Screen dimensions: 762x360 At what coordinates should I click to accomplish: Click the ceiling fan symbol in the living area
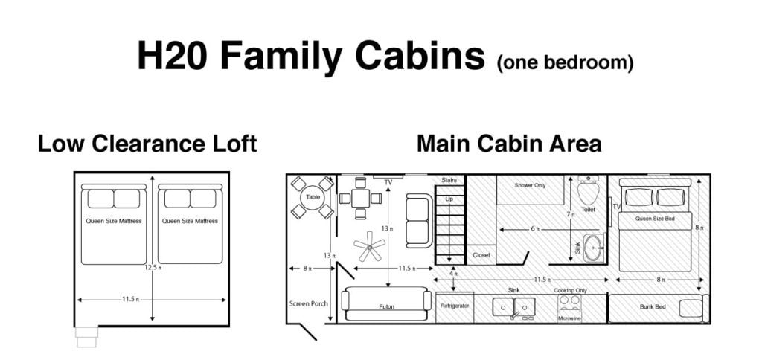click(369, 246)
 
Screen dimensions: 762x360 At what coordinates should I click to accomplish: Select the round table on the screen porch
click(313, 197)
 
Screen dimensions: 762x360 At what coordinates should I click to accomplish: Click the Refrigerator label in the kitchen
click(455, 306)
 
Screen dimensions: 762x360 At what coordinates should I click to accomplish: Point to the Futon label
click(386, 306)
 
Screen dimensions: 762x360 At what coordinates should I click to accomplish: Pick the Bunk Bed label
click(653, 306)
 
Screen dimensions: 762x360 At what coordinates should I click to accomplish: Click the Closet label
click(481, 255)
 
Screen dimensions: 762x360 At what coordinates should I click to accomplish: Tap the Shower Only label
click(530, 185)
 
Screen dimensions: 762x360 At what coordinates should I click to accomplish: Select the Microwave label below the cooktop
click(569, 318)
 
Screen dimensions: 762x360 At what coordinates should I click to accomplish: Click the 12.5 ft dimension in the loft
click(152, 267)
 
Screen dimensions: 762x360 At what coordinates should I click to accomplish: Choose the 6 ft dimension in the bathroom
click(534, 229)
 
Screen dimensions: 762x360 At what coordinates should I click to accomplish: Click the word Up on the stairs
click(449, 199)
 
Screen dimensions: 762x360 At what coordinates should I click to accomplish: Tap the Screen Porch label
click(309, 303)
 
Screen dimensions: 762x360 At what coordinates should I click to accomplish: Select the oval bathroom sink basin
click(593, 247)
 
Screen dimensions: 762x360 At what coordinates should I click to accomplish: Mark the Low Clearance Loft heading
click(147, 144)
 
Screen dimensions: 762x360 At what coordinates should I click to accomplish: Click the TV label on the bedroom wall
click(617, 207)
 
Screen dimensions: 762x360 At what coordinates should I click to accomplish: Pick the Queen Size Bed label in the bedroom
click(655, 219)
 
